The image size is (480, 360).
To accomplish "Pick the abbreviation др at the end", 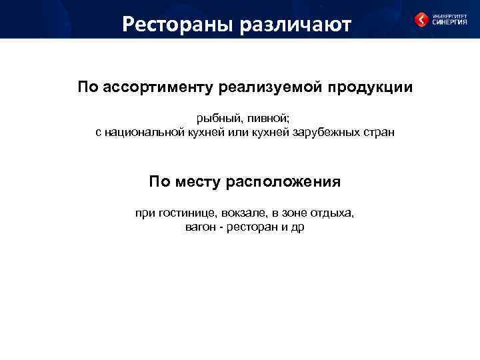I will [x=297, y=228].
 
